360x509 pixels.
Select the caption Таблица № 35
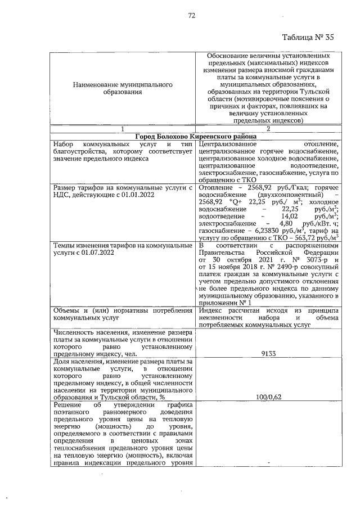tap(308, 38)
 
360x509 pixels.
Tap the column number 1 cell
tap(123, 129)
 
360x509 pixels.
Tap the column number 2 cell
tap(268, 129)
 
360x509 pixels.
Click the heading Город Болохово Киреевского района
tap(196, 137)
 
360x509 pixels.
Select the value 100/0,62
tap(268, 397)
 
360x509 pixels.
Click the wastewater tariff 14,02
tap(282, 215)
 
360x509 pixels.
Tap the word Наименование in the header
tap(95, 84)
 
